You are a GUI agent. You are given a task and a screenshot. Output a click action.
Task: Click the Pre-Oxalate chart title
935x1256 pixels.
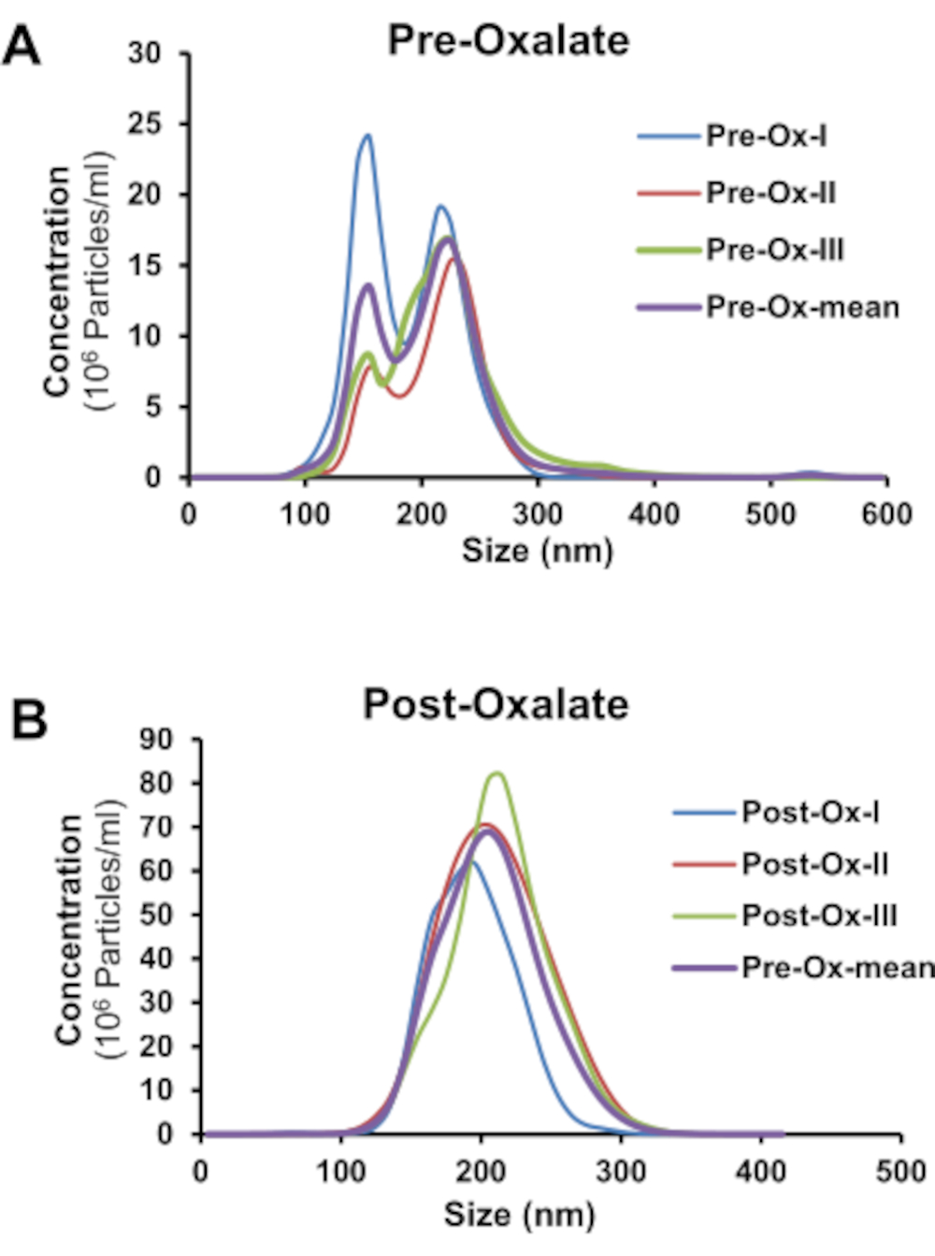(x=509, y=41)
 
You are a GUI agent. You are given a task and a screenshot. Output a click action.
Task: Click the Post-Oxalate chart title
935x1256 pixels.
(x=496, y=704)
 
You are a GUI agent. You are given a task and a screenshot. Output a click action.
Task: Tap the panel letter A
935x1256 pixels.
(x=22, y=45)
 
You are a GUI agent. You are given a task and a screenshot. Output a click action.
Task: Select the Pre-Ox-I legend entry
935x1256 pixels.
(x=766, y=137)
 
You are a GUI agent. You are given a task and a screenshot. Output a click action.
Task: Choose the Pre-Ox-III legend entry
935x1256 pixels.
(x=774, y=250)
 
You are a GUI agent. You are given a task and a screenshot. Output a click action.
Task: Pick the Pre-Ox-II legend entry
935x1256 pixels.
(x=770, y=193)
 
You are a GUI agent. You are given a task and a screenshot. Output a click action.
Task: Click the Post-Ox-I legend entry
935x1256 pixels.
(x=810, y=812)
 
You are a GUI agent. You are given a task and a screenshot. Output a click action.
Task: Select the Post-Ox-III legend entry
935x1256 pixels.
(x=819, y=915)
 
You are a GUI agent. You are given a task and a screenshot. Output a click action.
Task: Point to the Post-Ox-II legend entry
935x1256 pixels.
(x=814, y=863)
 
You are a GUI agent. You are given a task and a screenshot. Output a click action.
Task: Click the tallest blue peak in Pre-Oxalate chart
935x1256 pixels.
(x=367, y=136)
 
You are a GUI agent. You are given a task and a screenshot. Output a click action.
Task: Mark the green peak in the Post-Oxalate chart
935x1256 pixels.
(x=496, y=772)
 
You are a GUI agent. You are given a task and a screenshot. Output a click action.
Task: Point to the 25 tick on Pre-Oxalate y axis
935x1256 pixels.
(x=144, y=124)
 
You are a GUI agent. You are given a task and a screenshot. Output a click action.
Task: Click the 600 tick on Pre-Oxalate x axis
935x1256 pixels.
(x=885, y=513)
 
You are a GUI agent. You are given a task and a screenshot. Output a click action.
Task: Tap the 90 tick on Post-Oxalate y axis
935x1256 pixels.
(x=156, y=740)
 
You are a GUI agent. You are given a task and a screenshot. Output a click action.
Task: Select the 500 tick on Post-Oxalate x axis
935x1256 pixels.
(x=900, y=1171)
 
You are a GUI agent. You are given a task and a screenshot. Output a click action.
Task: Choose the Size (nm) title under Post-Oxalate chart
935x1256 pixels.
(x=519, y=1214)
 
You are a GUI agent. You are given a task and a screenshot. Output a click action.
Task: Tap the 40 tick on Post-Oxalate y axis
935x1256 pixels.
(x=156, y=959)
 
